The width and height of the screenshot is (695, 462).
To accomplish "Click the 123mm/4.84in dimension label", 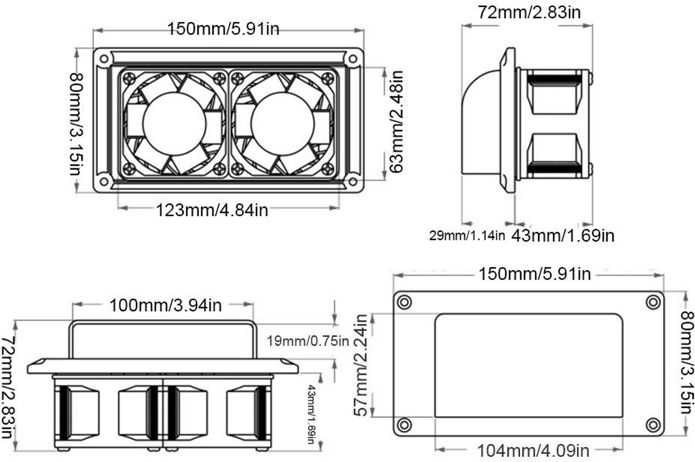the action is coord(212,210).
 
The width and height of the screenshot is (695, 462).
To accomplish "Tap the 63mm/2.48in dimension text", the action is coord(396,121).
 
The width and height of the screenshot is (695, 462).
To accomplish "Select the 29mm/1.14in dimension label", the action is coord(467,236).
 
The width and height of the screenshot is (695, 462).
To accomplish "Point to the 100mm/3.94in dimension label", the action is coord(166,305).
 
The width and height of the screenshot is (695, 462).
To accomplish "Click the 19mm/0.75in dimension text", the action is coord(308,341).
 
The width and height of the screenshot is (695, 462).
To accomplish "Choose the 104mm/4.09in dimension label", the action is coord(533,451).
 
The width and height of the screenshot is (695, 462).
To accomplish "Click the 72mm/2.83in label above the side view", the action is coord(529,12).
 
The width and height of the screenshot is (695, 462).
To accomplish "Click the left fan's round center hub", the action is coord(174,123).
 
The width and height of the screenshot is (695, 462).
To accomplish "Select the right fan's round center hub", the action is coord(283,123).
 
